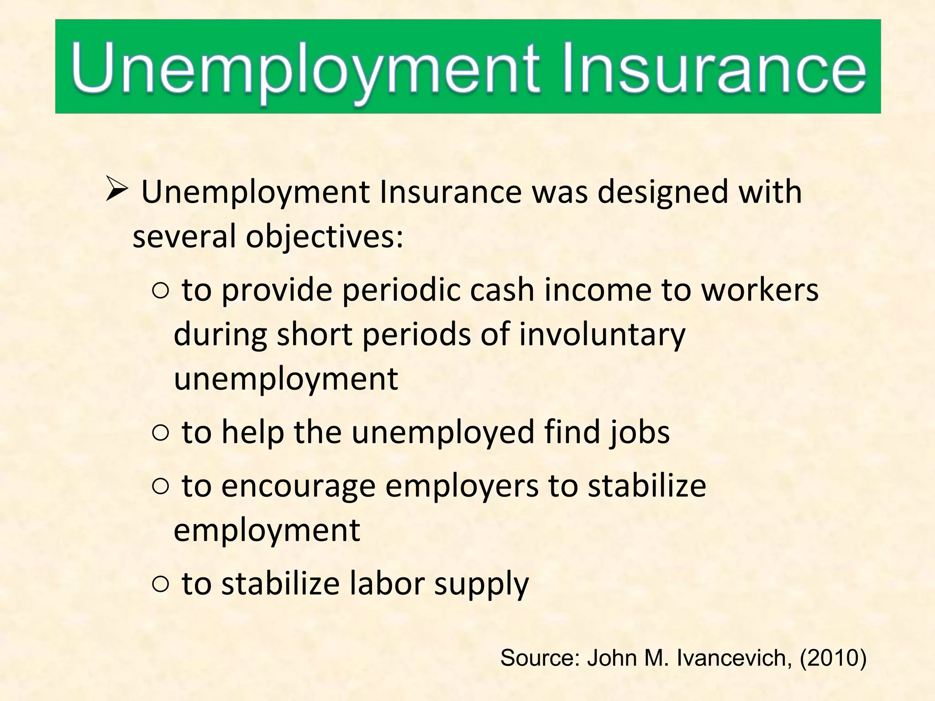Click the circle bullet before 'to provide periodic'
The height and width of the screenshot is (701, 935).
click(x=161, y=290)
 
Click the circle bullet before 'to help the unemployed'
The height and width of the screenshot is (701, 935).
click(x=161, y=433)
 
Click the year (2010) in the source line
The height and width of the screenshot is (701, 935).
click(x=833, y=658)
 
